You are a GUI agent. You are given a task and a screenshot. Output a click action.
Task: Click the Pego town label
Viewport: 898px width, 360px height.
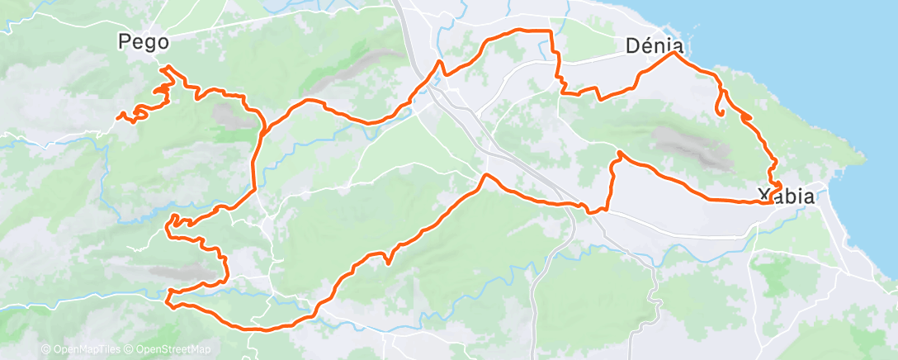[144, 40]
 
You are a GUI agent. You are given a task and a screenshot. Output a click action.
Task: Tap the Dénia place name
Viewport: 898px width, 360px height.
[655, 47]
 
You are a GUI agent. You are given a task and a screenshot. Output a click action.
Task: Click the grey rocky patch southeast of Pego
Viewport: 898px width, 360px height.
[231, 116]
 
